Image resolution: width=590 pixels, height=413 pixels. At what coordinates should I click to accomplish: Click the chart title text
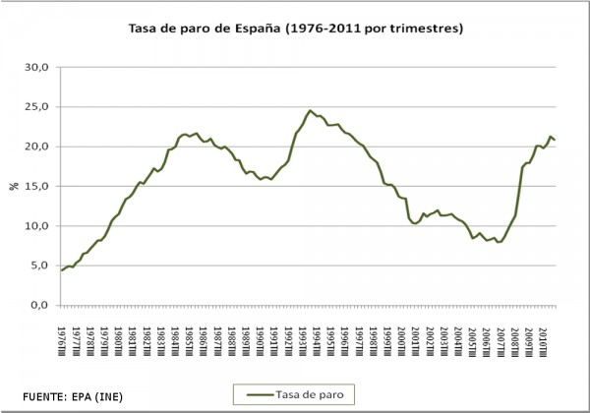click(295, 29)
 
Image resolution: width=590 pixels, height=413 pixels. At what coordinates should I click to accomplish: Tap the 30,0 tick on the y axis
click(37, 68)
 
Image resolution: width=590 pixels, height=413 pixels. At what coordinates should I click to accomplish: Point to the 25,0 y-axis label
click(37, 107)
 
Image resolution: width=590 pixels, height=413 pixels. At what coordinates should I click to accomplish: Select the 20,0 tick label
click(37, 147)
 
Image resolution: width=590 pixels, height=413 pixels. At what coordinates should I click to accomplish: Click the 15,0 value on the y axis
click(37, 186)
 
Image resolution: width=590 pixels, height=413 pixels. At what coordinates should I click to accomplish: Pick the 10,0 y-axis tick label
click(37, 225)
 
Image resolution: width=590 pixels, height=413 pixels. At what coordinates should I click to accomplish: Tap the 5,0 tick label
click(40, 265)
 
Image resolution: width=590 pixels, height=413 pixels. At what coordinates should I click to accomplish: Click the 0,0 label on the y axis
click(40, 304)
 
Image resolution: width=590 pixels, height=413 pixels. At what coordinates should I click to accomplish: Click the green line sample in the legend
click(257, 393)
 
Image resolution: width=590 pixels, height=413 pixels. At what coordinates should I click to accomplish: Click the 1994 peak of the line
click(310, 110)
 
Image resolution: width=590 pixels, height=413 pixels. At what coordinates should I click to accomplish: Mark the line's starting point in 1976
click(61, 270)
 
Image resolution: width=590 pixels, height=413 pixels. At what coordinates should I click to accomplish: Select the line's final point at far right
click(556, 140)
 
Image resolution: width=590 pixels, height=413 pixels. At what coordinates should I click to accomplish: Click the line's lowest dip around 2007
click(499, 242)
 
